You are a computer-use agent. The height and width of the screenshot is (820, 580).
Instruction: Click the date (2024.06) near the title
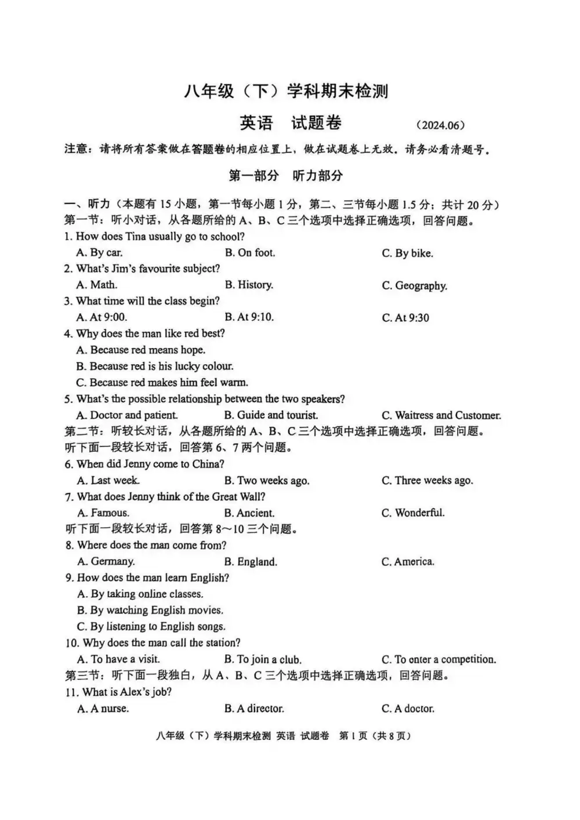coord(440,125)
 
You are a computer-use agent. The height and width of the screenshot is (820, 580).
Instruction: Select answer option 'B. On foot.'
coord(250,253)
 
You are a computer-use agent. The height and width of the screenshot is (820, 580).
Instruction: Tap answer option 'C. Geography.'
coord(414,285)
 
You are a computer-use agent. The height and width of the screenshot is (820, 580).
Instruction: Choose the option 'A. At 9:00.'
coord(101,317)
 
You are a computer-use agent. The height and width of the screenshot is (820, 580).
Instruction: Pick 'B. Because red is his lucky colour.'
coord(155,366)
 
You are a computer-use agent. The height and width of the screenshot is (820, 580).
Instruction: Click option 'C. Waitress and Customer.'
coord(441,415)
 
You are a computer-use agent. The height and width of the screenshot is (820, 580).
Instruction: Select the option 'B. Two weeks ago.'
coord(267,481)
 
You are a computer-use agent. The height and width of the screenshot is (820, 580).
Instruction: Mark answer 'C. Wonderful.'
coord(413,513)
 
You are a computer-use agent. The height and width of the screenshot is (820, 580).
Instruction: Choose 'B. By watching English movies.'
coord(150,610)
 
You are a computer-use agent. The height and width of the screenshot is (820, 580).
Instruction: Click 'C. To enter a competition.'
coord(438,659)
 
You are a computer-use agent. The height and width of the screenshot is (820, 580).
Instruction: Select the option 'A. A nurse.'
coord(103,708)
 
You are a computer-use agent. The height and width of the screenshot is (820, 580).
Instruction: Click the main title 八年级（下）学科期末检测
coord(286,91)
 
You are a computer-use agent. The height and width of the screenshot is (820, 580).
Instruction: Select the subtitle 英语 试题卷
coord(291,123)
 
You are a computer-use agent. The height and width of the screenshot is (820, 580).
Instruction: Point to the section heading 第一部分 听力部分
coord(286,176)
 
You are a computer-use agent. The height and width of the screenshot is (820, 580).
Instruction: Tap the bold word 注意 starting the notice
coord(77,150)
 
